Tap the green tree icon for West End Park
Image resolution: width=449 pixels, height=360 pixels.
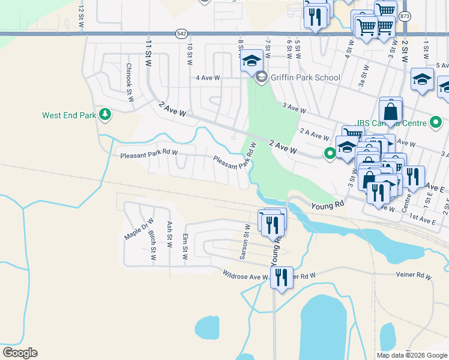105,114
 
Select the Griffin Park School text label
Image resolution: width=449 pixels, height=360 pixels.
305,77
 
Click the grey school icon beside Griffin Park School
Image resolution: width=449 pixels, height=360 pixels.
261,77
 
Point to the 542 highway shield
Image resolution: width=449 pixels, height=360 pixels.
181,34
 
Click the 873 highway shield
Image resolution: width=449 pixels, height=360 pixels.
406,16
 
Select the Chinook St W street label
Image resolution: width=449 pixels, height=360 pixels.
128,83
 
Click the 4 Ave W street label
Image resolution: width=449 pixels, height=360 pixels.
208,78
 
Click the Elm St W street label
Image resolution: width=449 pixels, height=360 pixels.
185,246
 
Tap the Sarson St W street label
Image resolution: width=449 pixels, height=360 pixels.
245,242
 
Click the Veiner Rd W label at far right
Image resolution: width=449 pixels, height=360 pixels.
414,276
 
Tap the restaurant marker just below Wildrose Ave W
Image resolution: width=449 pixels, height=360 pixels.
282,278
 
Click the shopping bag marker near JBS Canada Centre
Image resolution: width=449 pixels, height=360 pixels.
390,112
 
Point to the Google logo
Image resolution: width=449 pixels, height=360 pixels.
20,353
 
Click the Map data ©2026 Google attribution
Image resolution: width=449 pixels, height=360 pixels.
412,355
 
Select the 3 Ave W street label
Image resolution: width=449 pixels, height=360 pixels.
294,109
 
